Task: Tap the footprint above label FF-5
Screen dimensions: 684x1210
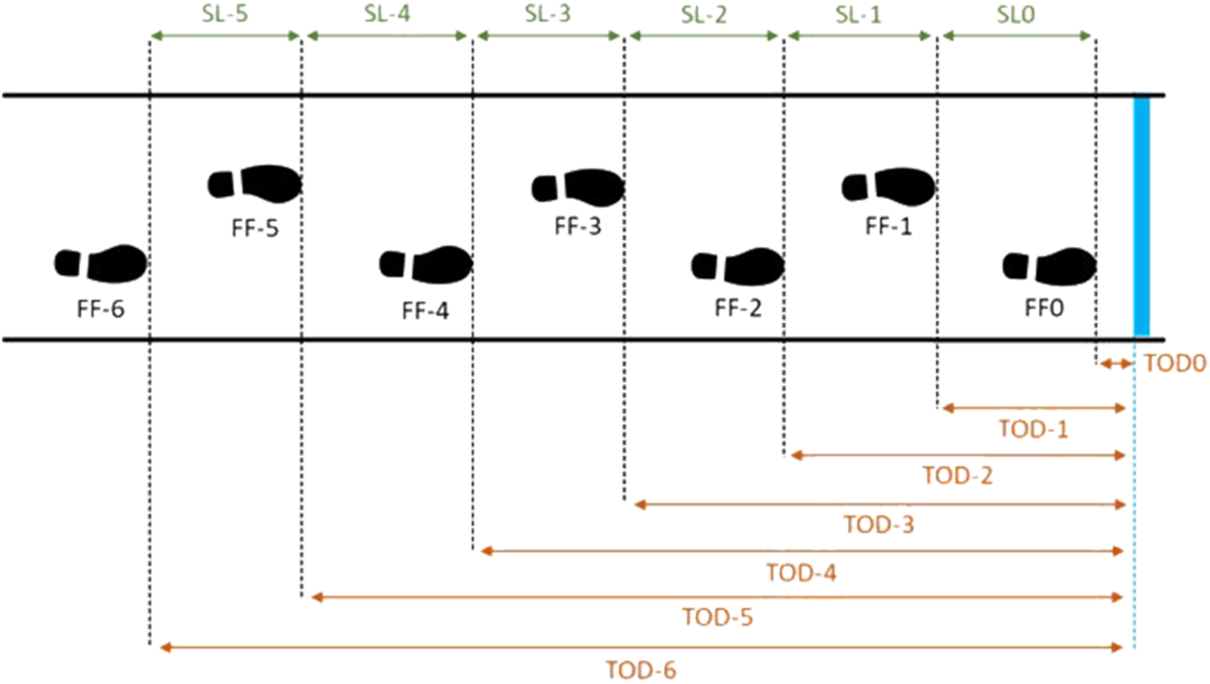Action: click(255, 184)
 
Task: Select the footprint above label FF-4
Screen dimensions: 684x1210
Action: click(426, 264)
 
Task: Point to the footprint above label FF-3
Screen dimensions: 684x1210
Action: click(579, 187)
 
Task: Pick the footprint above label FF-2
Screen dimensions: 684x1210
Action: click(738, 265)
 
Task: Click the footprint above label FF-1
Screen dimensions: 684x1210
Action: click(889, 185)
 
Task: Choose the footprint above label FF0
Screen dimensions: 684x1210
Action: click(1049, 265)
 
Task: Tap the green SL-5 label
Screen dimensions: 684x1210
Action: click(224, 14)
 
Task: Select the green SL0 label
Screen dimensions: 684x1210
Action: click(1016, 14)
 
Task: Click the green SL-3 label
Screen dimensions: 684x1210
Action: click(548, 14)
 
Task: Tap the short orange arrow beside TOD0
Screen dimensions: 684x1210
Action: click(1115, 363)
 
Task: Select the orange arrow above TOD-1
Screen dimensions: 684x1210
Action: click(1033, 408)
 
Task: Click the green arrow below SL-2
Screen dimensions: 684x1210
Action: click(703, 36)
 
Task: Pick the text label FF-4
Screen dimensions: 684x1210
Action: click(425, 312)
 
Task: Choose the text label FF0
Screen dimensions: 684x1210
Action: click(1044, 308)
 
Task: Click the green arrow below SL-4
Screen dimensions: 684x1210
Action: click(387, 36)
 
